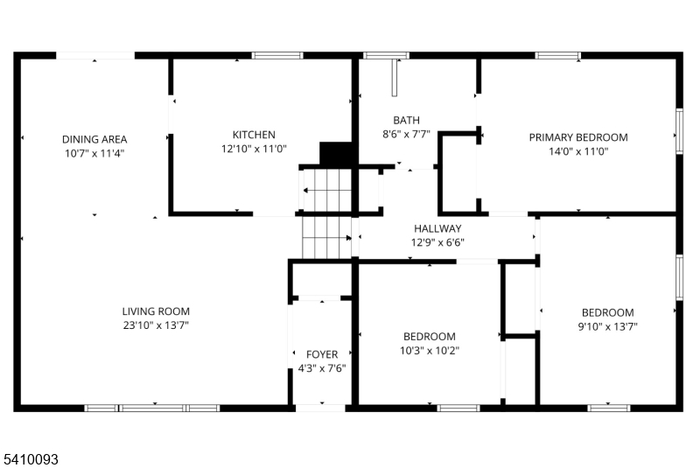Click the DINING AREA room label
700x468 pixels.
point(94,139)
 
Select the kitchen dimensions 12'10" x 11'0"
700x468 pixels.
point(254,149)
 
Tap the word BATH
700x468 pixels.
point(406,121)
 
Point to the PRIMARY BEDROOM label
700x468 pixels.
point(578,137)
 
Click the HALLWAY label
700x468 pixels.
point(437,229)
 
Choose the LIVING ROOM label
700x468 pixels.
point(156,311)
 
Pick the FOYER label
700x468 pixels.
point(322,354)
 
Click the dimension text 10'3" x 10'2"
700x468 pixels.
point(429,351)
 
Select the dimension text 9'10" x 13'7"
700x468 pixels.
point(608,327)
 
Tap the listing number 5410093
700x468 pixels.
point(30,458)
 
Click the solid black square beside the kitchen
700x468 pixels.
point(334,154)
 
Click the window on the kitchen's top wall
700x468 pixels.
point(277,56)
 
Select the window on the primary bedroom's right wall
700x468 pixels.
point(678,131)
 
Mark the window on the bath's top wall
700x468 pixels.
point(386,56)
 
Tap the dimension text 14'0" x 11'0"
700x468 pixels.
point(578,151)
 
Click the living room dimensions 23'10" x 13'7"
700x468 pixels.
point(156,325)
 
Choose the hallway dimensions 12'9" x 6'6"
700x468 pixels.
point(437,243)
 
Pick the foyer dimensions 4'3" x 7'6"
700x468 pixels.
point(322,368)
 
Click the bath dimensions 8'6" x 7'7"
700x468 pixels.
point(406,135)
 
